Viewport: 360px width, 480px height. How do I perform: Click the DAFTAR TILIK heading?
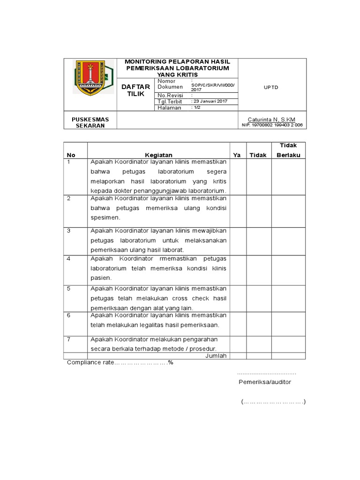[x=135, y=90]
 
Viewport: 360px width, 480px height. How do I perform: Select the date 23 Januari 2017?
[x=209, y=101]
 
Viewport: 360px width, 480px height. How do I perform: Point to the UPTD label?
[x=271, y=87]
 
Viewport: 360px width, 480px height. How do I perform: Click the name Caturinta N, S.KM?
[x=271, y=120]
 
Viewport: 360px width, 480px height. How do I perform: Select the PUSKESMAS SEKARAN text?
[x=88, y=122]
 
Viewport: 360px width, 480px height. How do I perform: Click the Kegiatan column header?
[x=158, y=155]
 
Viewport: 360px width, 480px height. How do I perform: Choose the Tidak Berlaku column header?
[x=288, y=150]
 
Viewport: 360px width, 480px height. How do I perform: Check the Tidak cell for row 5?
[x=258, y=298]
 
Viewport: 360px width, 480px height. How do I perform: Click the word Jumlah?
[x=216, y=356]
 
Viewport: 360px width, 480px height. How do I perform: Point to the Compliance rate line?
[x=120, y=362]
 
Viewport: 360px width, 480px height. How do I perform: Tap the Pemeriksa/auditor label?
[x=265, y=382]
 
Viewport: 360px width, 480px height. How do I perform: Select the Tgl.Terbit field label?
[x=170, y=101]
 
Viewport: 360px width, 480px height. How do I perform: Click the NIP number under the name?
[x=272, y=125]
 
